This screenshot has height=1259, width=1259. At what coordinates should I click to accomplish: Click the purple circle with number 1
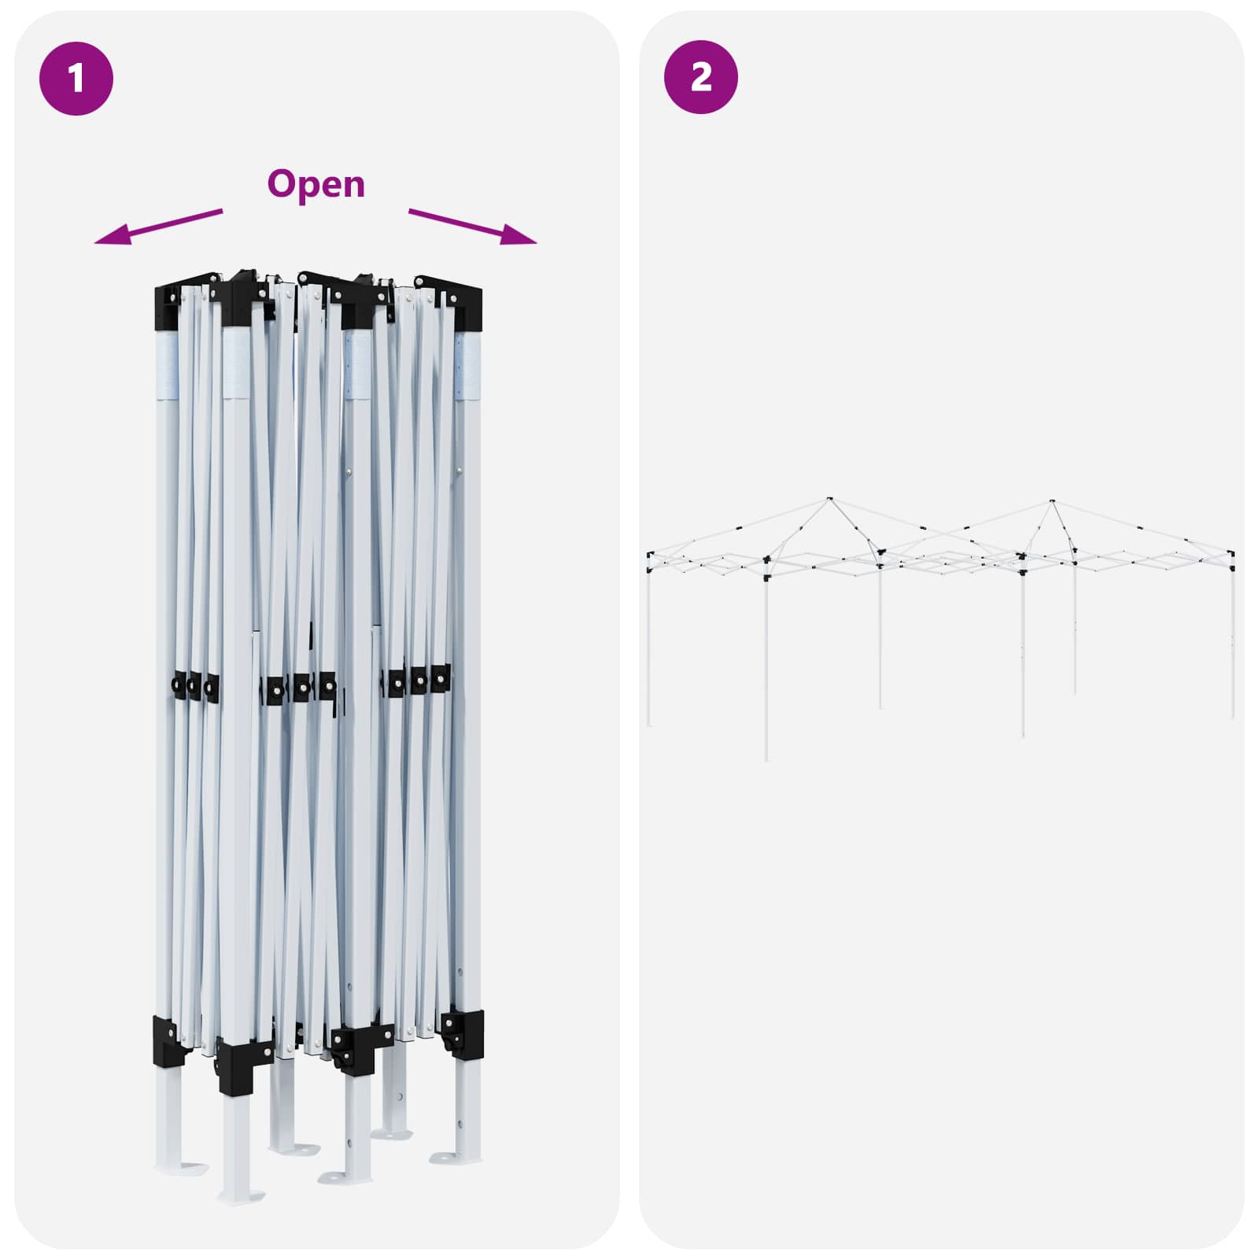(x=76, y=79)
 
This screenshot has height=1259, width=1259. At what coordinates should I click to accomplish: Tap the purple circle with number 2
(x=701, y=77)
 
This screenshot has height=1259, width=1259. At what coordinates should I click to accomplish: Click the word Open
(x=316, y=185)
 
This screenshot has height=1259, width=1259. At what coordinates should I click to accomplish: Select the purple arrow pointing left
(x=158, y=227)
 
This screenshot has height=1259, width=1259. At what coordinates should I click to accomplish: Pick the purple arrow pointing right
(x=473, y=227)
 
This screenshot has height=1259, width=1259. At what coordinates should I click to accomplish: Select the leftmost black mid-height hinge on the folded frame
(x=179, y=685)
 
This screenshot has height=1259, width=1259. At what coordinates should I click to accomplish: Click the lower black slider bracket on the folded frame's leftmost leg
(x=165, y=1040)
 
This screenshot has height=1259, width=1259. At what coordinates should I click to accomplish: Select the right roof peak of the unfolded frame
(x=1052, y=500)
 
